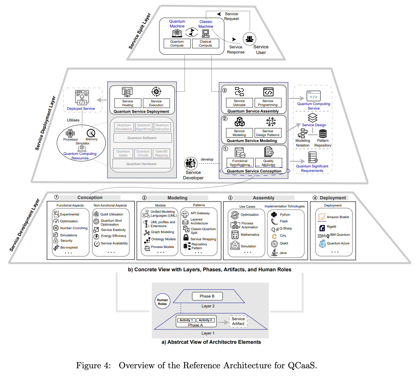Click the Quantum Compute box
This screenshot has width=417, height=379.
[177, 44]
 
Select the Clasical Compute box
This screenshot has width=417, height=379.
[205, 44]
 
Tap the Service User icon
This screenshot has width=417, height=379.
[249, 39]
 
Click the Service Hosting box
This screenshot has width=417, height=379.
[128, 103]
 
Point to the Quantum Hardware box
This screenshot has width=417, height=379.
[141, 164]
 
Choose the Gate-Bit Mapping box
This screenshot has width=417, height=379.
[161, 153]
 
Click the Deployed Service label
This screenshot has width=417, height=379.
[81, 109]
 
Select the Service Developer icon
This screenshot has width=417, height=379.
[191, 164]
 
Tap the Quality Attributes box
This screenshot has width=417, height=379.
[268, 163]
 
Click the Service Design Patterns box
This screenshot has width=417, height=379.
[268, 133]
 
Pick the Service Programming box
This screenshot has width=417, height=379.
[268, 103]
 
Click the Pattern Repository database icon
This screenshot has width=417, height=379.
[323, 133]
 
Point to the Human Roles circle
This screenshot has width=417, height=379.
[162, 302]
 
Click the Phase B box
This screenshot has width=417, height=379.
[207, 296]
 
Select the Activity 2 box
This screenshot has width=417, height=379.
[205, 320]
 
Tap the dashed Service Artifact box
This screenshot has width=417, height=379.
[238, 321]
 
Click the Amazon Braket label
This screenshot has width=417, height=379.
[338, 217]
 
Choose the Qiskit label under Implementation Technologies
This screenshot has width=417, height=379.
[284, 243]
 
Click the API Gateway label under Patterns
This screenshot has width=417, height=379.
[200, 213]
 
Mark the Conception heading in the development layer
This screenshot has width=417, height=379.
[90, 198]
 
